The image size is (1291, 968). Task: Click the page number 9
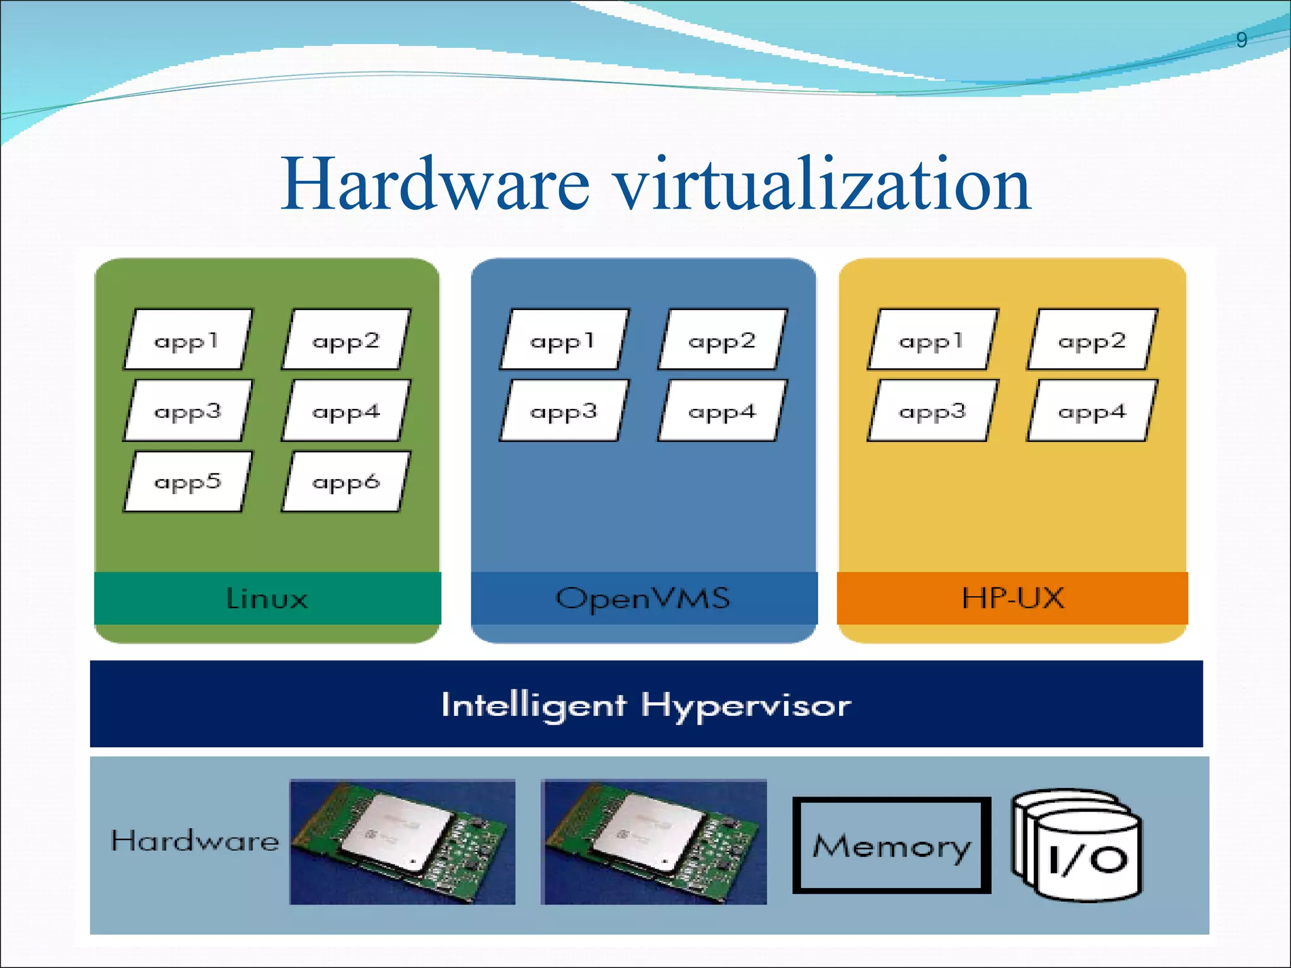click(1241, 40)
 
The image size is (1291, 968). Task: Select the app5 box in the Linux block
click(187, 481)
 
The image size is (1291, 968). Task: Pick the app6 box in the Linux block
click(345, 481)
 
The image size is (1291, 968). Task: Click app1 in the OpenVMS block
click(563, 340)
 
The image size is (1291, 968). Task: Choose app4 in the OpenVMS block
click(722, 411)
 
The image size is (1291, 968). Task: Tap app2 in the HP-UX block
click(1091, 340)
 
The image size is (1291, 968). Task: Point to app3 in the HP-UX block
click(932, 411)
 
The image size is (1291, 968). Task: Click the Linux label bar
click(267, 598)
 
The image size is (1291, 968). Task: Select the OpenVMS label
click(643, 598)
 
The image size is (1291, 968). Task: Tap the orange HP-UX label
click(1012, 598)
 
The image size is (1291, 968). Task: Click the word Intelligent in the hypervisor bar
click(533, 705)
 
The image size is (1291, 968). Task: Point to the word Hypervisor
click(746, 705)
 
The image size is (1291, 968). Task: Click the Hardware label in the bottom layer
click(195, 841)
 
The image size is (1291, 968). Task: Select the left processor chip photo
click(402, 842)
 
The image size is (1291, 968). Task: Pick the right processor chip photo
click(654, 842)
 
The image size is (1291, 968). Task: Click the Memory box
click(891, 845)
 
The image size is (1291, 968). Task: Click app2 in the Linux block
click(345, 340)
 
